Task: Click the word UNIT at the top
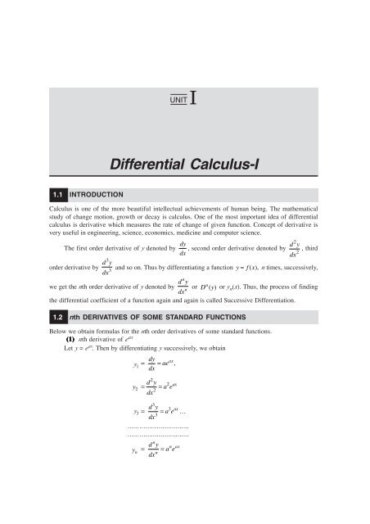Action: [178, 99]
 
